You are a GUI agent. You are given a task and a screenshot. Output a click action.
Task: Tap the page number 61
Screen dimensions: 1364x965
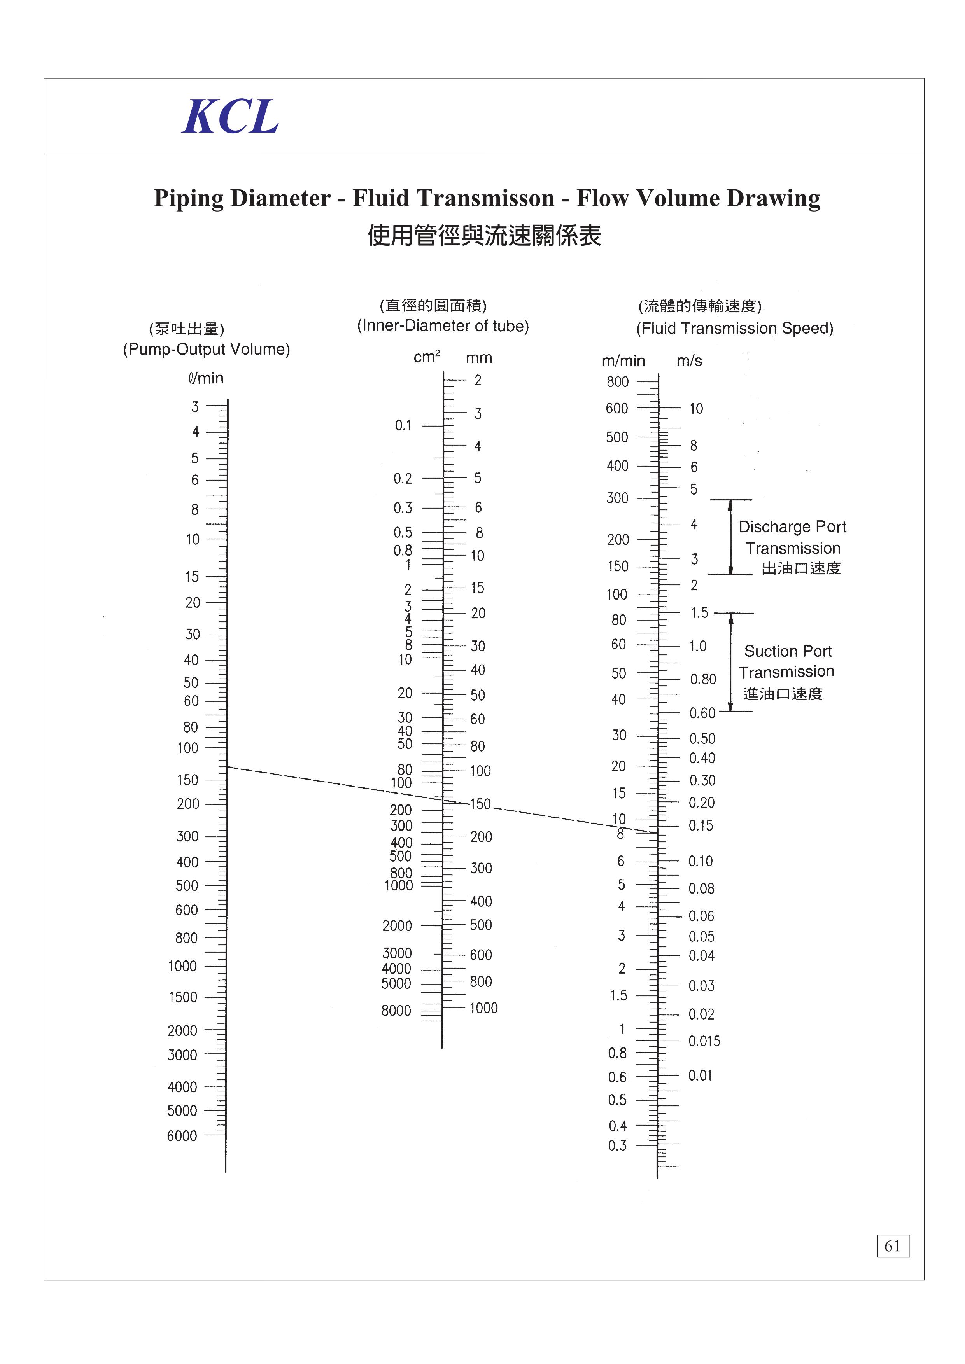[893, 1246]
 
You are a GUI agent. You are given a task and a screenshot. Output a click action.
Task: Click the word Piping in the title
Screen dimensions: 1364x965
[189, 198]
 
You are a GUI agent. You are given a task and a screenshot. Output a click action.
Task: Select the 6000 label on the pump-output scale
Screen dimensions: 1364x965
[182, 1136]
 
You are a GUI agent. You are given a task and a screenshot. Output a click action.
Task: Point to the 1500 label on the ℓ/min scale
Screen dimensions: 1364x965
[183, 997]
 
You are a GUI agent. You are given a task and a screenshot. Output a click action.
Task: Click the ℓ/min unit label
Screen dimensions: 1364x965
[206, 378]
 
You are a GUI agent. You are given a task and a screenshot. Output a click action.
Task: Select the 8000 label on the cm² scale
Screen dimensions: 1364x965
[396, 1011]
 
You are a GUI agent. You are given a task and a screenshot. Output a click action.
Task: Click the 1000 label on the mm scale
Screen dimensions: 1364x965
[484, 1008]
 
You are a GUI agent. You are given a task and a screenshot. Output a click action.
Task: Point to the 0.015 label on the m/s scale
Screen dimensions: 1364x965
[704, 1041]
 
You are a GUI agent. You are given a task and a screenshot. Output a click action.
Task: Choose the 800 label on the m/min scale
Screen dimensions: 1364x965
[617, 382]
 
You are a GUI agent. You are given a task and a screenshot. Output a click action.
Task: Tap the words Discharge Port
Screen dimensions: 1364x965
[792, 527]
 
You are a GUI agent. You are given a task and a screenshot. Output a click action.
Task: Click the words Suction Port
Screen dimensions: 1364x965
[788, 652]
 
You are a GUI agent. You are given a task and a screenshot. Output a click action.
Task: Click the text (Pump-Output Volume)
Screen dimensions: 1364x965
[206, 349]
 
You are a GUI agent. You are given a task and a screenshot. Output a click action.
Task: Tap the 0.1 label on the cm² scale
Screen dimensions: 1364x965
[403, 425]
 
